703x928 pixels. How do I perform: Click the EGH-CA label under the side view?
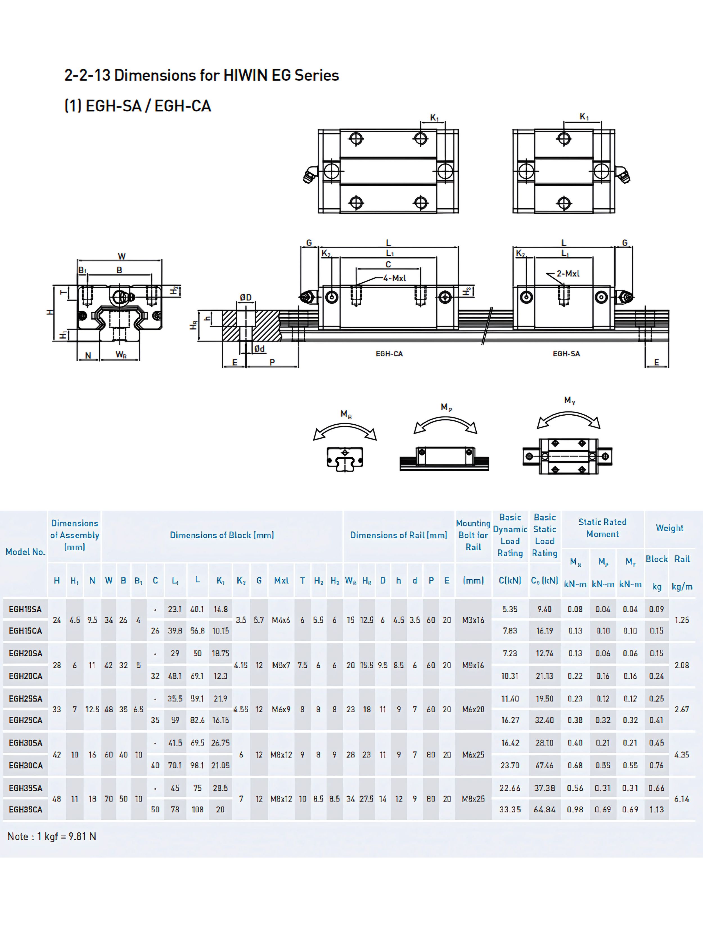coord(389,354)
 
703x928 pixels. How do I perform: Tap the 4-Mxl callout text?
coord(394,278)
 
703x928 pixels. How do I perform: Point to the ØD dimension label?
coord(245,298)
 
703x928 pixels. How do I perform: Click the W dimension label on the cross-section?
coord(121,256)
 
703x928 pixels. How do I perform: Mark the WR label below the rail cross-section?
coord(121,355)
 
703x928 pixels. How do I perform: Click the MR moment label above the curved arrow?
coord(346,414)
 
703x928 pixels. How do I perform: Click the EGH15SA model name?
coord(25,609)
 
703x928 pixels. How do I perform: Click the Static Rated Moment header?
coord(602,528)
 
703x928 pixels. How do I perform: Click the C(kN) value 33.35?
coord(510,809)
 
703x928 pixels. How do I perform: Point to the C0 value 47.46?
coord(544,765)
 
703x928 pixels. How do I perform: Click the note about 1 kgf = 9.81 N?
coord(51,836)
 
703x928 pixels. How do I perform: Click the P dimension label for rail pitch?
coord(272,362)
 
